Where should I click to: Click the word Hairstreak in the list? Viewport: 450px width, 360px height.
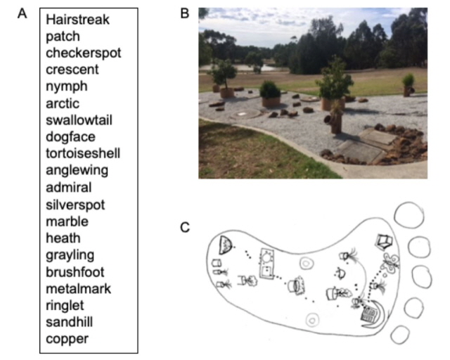[x=78, y=20]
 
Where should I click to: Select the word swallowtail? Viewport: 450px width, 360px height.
[x=79, y=120]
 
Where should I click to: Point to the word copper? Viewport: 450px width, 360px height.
[x=67, y=339]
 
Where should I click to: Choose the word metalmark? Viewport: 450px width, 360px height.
[x=78, y=288]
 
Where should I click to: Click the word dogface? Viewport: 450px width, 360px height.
[x=70, y=137]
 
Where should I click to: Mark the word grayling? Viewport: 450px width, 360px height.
[x=70, y=255]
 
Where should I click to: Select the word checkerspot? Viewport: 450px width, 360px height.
[x=84, y=53]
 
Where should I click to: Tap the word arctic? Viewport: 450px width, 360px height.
[x=63, y=104]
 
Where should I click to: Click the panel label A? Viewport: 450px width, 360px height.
[x=22, y=13]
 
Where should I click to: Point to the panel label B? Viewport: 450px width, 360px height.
[x=185, y=13]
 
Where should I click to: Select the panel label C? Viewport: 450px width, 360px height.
[x=185, y=226]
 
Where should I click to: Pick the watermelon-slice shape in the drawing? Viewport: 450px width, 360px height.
[x=226, y=244]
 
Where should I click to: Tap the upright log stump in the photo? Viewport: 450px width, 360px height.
[x=337, y=122]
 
